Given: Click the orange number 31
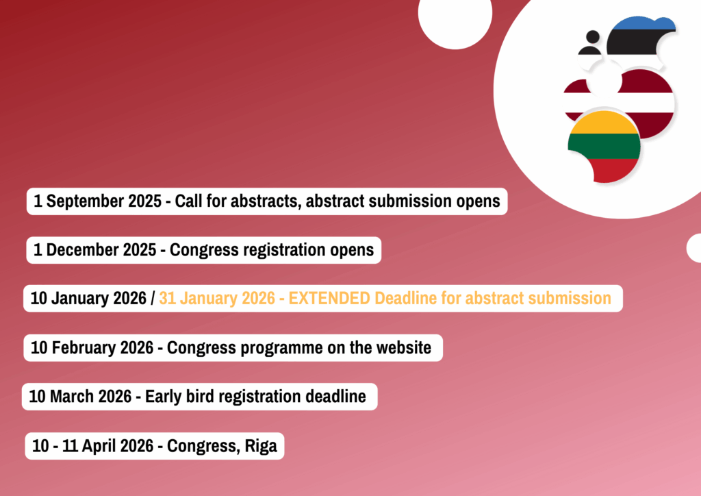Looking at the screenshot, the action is [167, 298].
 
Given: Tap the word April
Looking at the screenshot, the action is [99, 446].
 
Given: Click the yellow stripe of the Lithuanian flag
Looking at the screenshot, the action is [604, 123].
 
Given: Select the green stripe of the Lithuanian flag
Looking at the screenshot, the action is [604, 146].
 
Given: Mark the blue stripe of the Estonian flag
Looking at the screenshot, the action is [643, 24].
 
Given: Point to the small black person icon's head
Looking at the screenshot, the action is [593, 37].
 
